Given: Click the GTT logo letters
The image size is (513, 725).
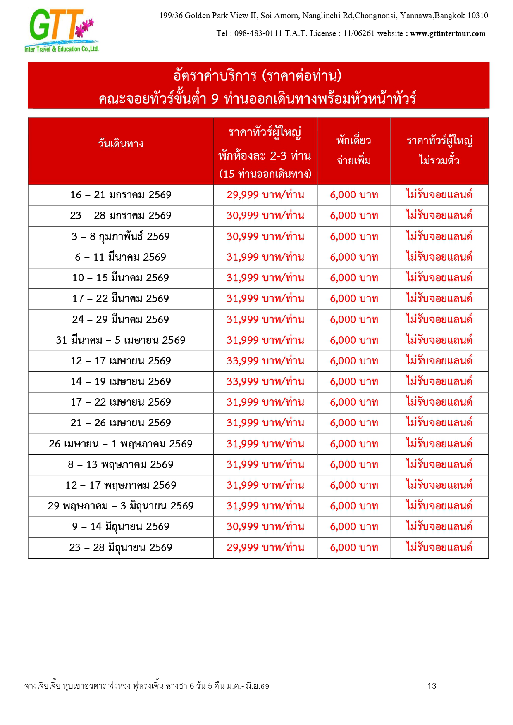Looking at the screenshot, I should click(x=54, y=26).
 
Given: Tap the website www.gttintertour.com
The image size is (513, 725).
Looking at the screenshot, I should click(x=448, y=34).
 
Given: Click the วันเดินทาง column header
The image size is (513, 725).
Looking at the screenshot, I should click(x=121, y=144).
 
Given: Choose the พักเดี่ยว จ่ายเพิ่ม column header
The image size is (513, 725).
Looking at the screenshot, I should click(x=354, y=150).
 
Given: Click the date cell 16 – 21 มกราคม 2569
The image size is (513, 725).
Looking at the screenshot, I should click(x=121, y=195).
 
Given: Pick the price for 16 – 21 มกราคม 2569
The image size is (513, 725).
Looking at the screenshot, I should click(x=265, y=195).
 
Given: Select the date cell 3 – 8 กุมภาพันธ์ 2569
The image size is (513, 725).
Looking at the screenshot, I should click(x=121, y=237).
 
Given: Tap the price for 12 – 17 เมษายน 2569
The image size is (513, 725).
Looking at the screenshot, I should click(x=265, y=361).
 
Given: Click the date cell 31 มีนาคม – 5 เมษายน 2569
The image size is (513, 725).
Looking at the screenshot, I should click(x=121, y=340).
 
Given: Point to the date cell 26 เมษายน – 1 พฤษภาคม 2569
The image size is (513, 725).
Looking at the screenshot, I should click(x=121, y=444).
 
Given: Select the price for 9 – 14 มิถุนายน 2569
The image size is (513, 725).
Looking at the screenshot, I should click(x=265, y=527).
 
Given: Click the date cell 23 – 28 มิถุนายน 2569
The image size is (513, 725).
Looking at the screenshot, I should click(x=121, y=548).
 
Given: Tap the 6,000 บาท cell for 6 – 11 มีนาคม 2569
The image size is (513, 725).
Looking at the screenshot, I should click(x=354, y=257).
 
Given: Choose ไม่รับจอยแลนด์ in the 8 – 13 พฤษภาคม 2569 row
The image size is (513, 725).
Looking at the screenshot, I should click(x=439, y=465).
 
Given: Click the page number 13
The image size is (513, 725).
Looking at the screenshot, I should click(x=432, y=686).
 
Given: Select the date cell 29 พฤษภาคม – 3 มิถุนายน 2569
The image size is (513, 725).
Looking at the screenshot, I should click(x=121, y=506).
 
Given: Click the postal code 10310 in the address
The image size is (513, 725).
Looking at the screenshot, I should click(x=477, y=16).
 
